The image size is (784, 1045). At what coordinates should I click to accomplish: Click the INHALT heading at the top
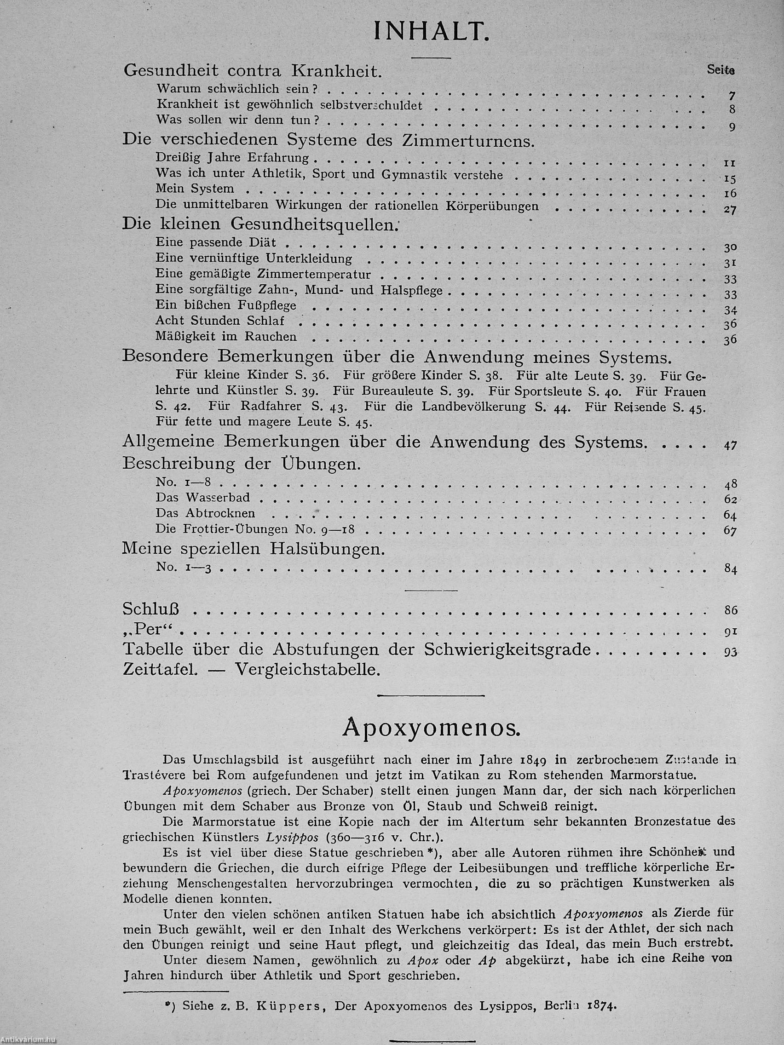click(x=431, y=32)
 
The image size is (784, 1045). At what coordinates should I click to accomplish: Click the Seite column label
click(x=721, y=70)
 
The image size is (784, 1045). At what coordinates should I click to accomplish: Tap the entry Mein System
click(x=195, y=189)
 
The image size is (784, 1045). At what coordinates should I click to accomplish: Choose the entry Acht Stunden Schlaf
click(x=220, y=321)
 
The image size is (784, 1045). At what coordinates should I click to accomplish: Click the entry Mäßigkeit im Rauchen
click(x=226, y=337)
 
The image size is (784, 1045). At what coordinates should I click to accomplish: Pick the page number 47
click(x=730, y=445)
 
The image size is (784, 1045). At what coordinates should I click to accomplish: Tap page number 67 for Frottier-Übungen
click(x=730, y=531)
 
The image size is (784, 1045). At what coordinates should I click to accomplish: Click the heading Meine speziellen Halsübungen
click(x=254, y=549)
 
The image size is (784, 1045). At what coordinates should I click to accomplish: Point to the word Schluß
click(x=151, y=609)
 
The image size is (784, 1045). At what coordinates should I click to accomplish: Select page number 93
click(x=730, y=652)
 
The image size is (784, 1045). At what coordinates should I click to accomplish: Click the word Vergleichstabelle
click(x=308, y=670)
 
